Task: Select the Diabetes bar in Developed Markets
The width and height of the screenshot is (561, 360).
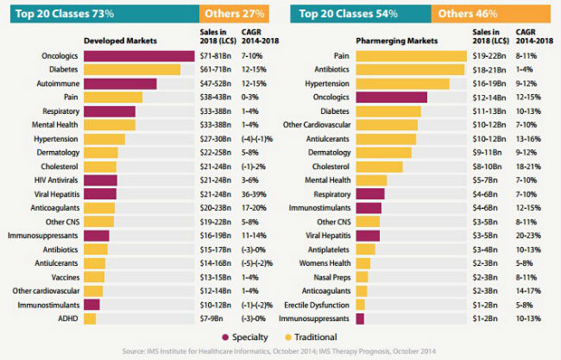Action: click(132, 69)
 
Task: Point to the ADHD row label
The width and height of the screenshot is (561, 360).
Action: click(69, 319)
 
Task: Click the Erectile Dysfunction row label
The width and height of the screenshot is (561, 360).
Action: click(321, 305)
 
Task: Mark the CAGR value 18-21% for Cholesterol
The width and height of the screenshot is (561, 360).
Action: click(527, 166)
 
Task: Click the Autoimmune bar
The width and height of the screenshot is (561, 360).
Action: click(120, 83)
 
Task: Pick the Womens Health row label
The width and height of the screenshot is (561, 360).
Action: click(326, 262)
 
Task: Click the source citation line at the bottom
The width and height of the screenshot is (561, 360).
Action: click(280, 351)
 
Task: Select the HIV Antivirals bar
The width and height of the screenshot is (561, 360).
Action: click(100, 180)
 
